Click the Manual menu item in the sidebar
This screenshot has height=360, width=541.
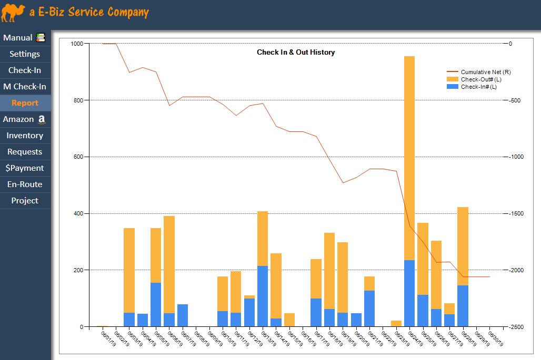[18, 38]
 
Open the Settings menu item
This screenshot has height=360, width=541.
[25, 54]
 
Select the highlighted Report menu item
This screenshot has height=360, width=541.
[25, 103]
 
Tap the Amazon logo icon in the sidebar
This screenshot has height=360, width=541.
[41, 120]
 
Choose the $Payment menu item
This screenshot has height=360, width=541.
[25, 168]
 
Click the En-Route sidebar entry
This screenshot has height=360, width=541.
[25, 184]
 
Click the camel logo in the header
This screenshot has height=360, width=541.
[13, 13]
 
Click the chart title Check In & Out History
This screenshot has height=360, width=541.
[296, 53]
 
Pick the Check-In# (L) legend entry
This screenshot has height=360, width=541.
[478, 87]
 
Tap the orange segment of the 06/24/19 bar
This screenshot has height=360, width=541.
[409, 158]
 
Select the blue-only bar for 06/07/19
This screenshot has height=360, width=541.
[183, 315]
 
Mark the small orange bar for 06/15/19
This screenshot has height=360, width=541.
[289, 320]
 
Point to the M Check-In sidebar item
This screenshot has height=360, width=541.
[25, 87]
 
